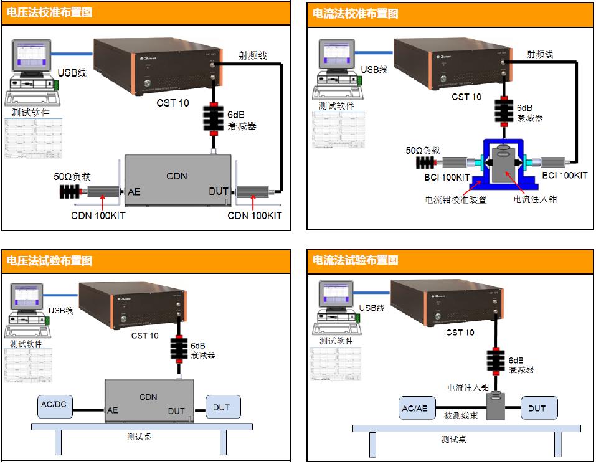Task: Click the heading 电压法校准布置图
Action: (50, 12)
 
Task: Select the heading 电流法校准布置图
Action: (355, 13)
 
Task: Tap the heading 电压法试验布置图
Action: (50, 260)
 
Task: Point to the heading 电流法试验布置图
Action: (355, 260)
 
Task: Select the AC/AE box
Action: (415, 409)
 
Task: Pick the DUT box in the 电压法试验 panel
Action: (222, 407)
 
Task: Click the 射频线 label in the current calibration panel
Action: (539, 54)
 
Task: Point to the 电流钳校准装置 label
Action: (456, 200)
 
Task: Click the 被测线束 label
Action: (460, 415)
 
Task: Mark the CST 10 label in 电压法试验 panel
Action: (145, 336)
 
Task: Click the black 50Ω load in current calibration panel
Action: (425, 164)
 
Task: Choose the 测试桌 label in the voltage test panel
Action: (138, 437)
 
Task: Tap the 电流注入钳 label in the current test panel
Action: (468, 387)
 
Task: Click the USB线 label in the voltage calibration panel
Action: (72, 73)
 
